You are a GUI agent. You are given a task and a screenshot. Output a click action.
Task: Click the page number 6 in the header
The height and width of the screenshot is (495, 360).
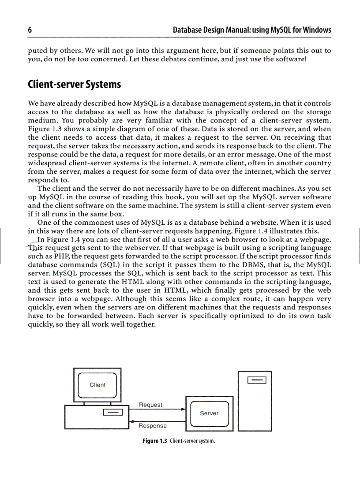click(x=30, y=30)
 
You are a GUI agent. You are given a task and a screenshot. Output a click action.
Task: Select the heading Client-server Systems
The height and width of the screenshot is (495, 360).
click(x=74, y=84)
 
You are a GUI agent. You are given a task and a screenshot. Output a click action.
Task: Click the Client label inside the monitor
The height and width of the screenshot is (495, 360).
click(x=97, y=385)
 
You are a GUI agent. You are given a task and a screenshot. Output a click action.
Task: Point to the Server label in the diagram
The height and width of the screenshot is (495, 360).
click(x=209, y=413)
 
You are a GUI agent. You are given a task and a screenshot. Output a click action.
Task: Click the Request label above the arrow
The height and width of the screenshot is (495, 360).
click(x=150, y=405)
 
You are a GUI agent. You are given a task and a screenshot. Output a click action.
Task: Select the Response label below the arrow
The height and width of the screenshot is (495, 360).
click(x=153, y=426)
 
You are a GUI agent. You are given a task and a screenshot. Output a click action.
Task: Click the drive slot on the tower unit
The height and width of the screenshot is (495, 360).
click(x=257, y=380)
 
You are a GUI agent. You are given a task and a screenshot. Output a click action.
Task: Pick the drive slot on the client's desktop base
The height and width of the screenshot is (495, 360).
click(x=112, y=413)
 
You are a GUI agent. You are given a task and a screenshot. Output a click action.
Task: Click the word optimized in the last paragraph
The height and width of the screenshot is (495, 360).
click(x=242, y=316)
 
